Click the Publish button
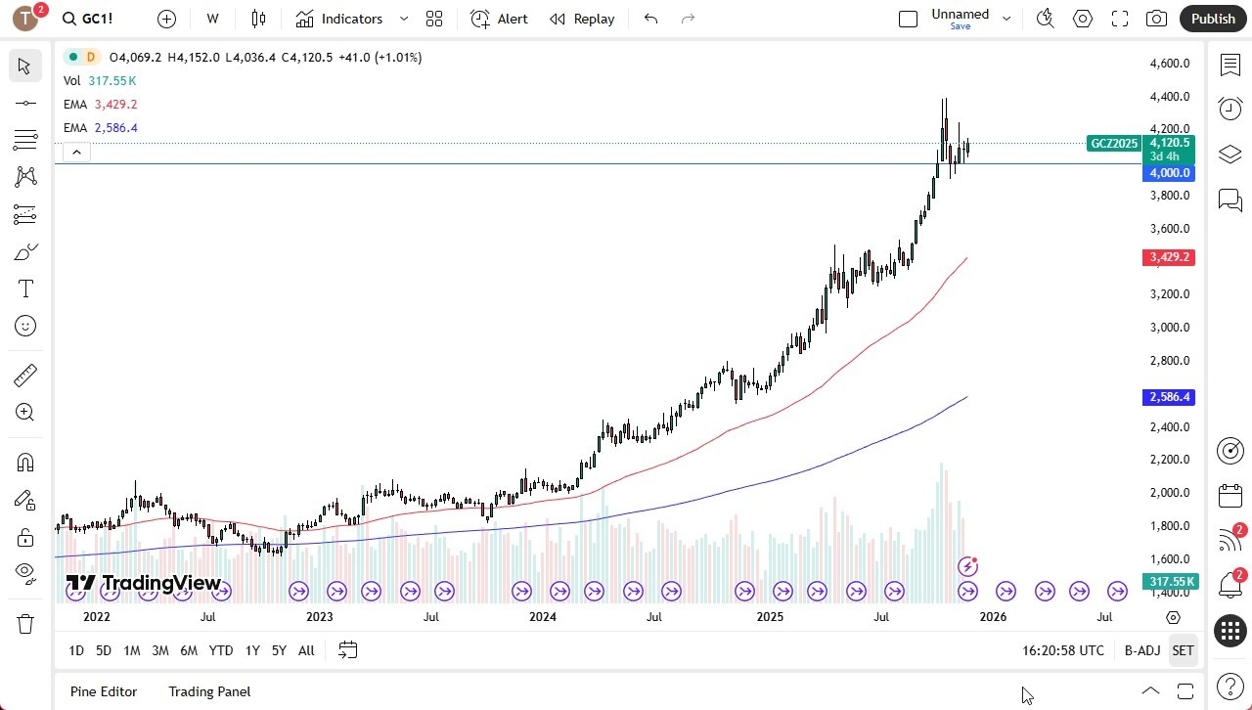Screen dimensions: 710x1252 [x=1213, y=19]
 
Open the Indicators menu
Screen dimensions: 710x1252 [x=339, y=19]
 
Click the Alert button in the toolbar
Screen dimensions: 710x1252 [x=499, y=19]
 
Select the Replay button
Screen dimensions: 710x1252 [x=582, y=19]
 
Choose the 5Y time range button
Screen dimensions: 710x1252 [x=279, y=650]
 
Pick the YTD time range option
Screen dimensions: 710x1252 [x=221, y=650]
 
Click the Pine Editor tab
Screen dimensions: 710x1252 [x=104, y=691]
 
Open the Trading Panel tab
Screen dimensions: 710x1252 [x=209, y=691]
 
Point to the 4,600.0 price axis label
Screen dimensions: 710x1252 [x=1170, y=64]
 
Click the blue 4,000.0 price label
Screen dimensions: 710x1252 [x=1169, y=173]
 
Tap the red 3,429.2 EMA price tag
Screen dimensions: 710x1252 [x=1169, y=257]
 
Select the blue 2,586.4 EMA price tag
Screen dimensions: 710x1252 [x=1169, y=397]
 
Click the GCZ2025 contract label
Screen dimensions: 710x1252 [x=1114, y=144]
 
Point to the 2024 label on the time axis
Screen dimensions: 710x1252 [x=542, y=617]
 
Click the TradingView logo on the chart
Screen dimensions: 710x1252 [x=144, y=584]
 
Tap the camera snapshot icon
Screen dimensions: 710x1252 [x=1156, y=19]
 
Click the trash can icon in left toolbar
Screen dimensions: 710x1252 [x=25, y=624]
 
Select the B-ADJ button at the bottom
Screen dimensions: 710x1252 [x=1141, y=650]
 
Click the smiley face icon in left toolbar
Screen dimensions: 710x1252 [x=25, y=326]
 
